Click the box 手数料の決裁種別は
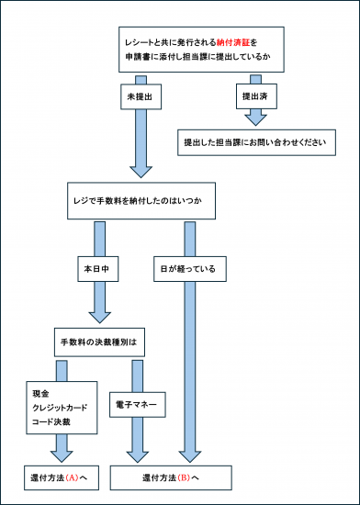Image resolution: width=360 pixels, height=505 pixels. click(103, 342)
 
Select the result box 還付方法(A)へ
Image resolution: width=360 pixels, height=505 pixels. click(59, 478)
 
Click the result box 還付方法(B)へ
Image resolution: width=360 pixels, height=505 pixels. click(171, 478)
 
